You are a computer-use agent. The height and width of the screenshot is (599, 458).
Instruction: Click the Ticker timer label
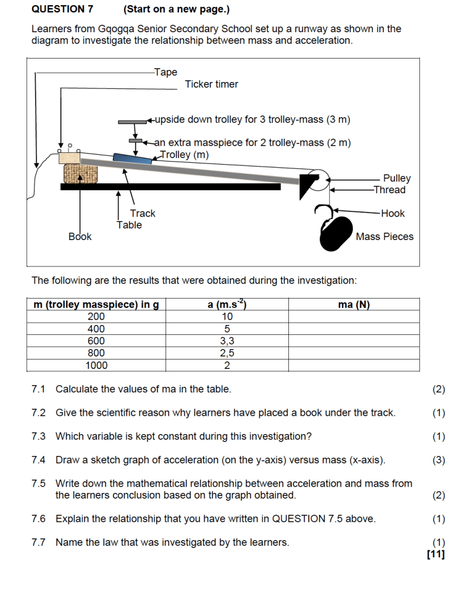pos(211,84)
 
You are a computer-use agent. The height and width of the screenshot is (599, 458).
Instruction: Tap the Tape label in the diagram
pos(166,72)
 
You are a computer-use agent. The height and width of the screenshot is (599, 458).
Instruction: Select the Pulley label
pos(397,178)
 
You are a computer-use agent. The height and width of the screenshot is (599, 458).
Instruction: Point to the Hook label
pos(392,214)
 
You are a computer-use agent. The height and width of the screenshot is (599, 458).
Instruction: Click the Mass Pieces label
pos(384,237)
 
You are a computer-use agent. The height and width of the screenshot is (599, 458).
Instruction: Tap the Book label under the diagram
pos(80,237)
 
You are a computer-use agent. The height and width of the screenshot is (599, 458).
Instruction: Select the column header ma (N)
pos(354,304)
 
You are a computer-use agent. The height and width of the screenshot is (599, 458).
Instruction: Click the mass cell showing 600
pos(96,341)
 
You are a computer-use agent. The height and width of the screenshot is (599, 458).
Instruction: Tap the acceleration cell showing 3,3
pos(227,341)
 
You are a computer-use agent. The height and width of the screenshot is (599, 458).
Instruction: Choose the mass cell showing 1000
pos(96,365)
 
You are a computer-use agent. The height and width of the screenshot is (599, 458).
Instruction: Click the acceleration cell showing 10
pos(227,316)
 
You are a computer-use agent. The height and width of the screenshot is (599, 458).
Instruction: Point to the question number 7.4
pos(39,460)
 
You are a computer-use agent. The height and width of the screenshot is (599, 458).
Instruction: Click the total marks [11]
pos(436,554)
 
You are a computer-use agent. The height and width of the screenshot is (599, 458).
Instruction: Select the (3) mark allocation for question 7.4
pos(438,460)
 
